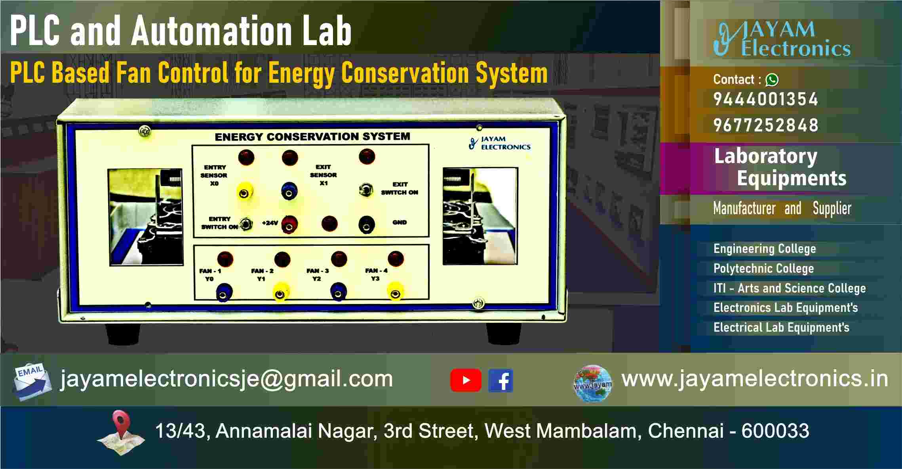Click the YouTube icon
pyautogui.click(x=466, y=380)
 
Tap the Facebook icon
pyautogui.click(x=500, y=380)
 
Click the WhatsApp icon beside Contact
pyautogui.click(x=772, y=80)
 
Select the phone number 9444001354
pyautogui.click(x=765, y=99)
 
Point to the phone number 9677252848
pyautogui.click(x=765, y=125)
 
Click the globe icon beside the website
pyautogui.click(x=593, y=384)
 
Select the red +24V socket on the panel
pyautogui.click(x=289, y=224)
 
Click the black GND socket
pyautogui.click(x=367, y=225)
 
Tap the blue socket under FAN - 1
pyautogui.click(x=224, y=294)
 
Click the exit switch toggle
pyautogui.click(x=366, y=190)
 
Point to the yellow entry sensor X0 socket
pyautogui.click(x=245, y=193)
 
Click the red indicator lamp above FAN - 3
pyautogui.click(x=339, y=259)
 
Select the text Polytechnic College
pyautogui.click(x=763, y=268)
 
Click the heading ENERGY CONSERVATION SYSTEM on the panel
pyautogui.click(x=312, y=137)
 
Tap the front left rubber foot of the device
pyautogui.click(x=122, y=334)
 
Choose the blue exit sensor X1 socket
pyautogui.click(x=289, y=191)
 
